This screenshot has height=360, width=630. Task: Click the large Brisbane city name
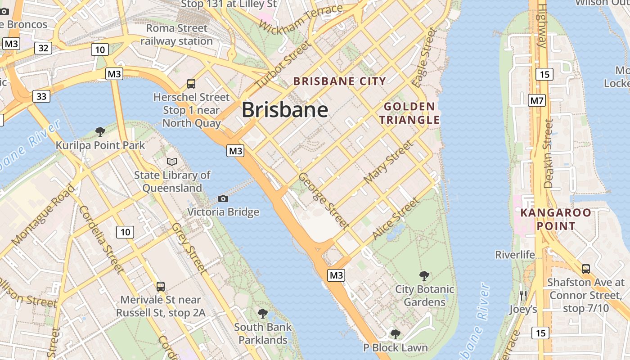[285, 110]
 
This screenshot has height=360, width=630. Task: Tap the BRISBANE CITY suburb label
[340, 81]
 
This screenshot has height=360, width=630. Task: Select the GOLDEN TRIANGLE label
[409, 113]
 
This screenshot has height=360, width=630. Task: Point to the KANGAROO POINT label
[555, 219]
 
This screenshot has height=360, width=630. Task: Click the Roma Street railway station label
[176, 35]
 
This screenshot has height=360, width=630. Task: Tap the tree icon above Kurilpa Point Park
[100, 131]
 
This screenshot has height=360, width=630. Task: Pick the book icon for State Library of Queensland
[171, 161]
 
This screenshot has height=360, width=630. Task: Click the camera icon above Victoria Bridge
[223, 198]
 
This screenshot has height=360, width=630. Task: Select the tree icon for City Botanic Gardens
[424, 275]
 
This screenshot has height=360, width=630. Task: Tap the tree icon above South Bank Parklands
[263, 313]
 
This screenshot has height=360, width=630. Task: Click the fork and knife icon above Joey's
[523, 296]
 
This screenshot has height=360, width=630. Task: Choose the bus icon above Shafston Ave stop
[585, 269]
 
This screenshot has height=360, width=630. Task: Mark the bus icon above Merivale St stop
[160, 286]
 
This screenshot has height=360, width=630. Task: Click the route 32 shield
[43, 48]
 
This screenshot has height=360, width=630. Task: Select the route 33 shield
[41, 96]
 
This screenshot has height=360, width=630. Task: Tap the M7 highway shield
[537, 100]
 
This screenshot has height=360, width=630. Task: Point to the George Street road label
[324, 200]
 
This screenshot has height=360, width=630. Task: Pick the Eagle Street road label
[424, 58]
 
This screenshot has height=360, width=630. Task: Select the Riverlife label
[515, 255]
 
